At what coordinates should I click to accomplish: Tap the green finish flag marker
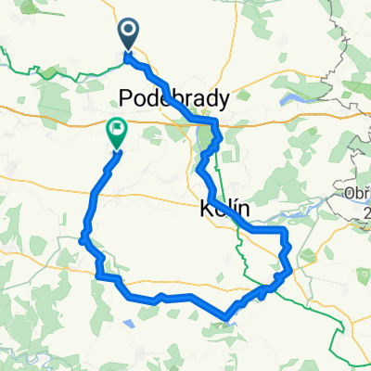pos(118,132)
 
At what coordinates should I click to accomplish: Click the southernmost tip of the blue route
pos(227,319)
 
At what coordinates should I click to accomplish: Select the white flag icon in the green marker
pos(118,130)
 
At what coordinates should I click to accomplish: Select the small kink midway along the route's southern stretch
pos(162,297)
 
